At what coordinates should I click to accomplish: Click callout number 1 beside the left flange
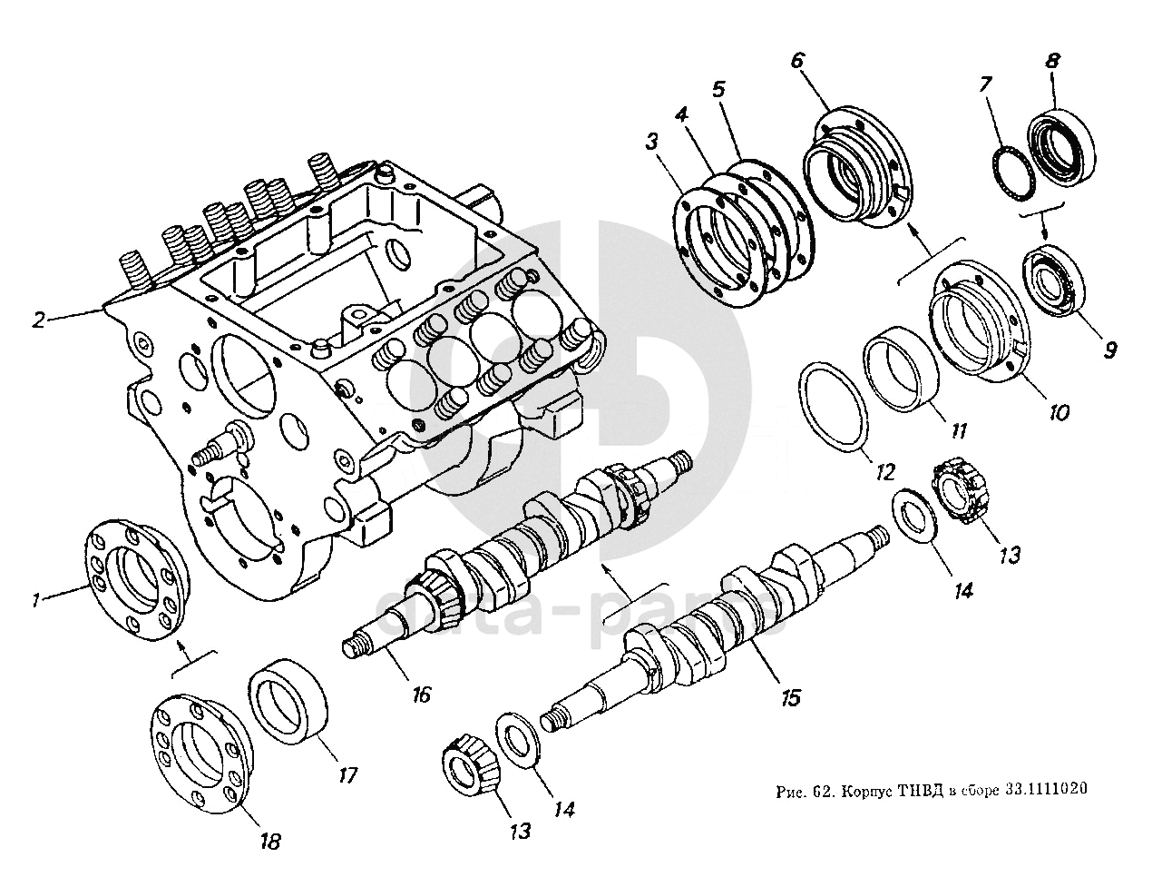[35, 599]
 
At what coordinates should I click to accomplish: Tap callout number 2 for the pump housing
[37, 320]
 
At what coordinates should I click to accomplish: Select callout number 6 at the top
[796, 61]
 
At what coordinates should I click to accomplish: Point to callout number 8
[1051, 62]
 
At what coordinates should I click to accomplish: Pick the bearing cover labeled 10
[981, 322]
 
